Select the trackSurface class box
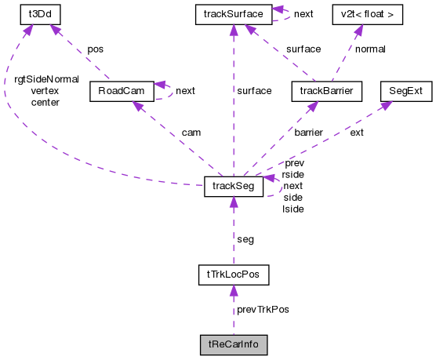(x=233, y=13)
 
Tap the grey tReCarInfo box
(x=233, y=344)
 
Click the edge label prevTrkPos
(x=262, y=310)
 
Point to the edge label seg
(x=245, y=238)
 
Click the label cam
(x=191, y=133)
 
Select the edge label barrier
(x=308, y=133)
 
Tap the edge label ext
(x=357, y=133)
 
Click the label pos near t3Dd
(x=95, y=49)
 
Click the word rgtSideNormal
(x=46, y=79)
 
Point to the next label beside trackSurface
(x=303, y=14)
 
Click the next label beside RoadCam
(x=185, y=91)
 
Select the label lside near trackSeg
(x=292, y=209)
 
